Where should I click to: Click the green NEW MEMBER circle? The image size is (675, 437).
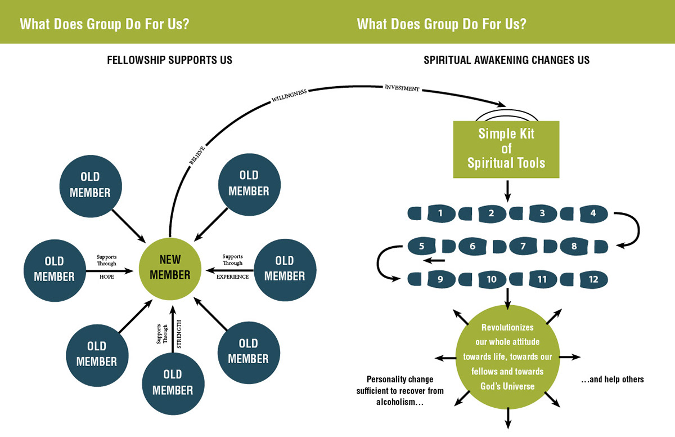pyautogui.click(x=170, y=269)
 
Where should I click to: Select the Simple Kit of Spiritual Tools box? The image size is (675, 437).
pyautogui.click(x=506, y=149)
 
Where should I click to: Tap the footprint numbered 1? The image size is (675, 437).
pyautogui.click(x=441, y=213)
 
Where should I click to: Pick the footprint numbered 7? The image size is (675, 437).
pyautogui.click(x=523, y=246)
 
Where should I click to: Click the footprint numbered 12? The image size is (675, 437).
pyautogui.click(x=593, y=279)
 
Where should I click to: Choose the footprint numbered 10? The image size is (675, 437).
pyautogui.click(x=492, y=279)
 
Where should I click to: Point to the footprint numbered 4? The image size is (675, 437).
pyautogui.click(x=593, y=213)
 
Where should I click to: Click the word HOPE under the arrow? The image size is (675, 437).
pyautogui.click(x=107, y=277)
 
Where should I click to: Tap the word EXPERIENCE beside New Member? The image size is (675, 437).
pyautogui.click(x=233, y=277)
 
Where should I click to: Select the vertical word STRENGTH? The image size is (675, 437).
pyautogui.click(x=179, y=334)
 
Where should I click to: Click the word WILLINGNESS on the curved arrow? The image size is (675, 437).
pyautogui.click(x=289, y=95)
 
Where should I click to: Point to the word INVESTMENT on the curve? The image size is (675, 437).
pyautogui.click(x=402, y=88)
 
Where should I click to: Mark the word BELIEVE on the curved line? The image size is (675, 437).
pyautogui.click(x=197, y=155)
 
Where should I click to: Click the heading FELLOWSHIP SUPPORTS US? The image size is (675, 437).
pyautogui.click(x=170, y=60)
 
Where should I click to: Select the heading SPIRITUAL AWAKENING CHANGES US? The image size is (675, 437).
pyautogui.click(x=507, y=60)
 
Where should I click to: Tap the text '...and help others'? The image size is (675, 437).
pyautogui.click(x=613, y=380)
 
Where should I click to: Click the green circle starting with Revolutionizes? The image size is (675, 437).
pyautogui.click(x=508, y=357)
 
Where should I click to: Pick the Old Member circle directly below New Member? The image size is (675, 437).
pyautogui.click(x=173, y=384)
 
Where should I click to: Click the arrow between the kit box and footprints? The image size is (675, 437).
pyautogui.click(x=508, y=191)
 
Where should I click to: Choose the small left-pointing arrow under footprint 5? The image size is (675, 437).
pyautogui.click(x=434, y=260)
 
